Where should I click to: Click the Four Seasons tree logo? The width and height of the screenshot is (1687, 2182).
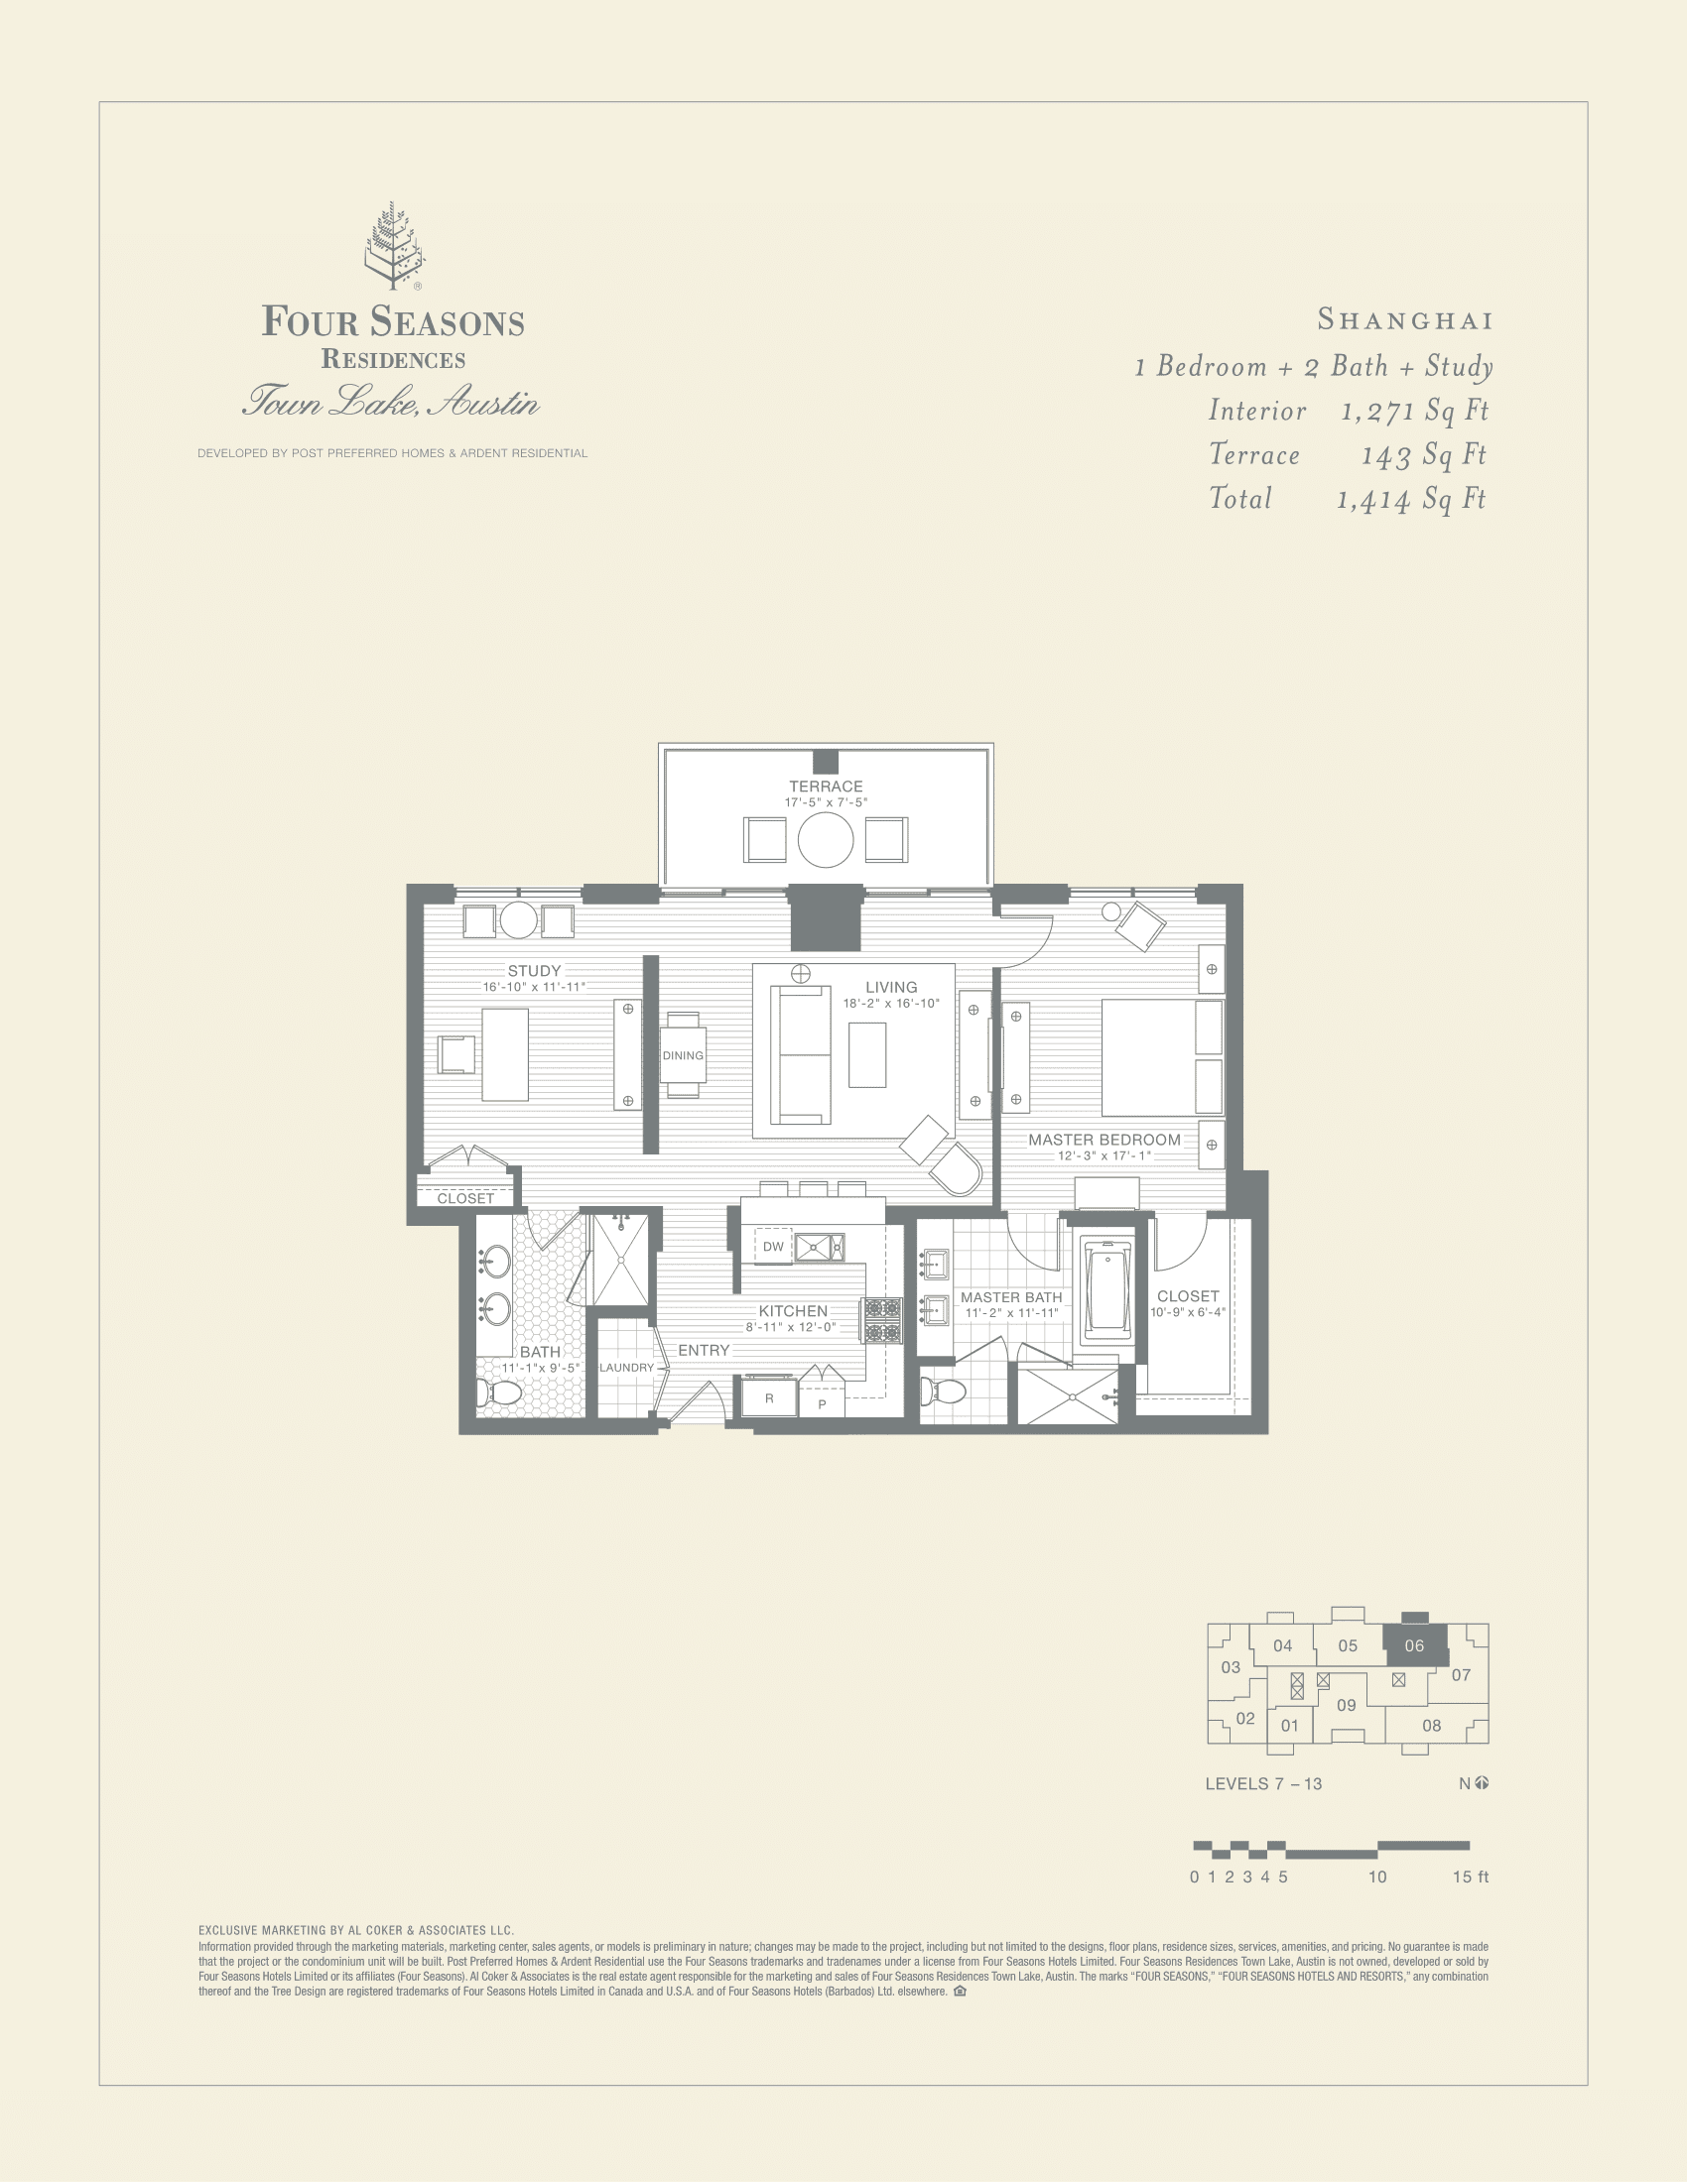[393, 246]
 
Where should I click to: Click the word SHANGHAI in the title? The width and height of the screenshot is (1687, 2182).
[1404, 320]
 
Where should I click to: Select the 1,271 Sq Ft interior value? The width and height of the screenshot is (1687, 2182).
[1414, 411]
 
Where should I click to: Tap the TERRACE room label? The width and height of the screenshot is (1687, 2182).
[826, 787]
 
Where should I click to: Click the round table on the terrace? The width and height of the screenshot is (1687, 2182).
[826, 839]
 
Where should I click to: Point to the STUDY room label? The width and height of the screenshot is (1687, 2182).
[534, 971]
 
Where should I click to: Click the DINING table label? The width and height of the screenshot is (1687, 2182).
[683, 1055]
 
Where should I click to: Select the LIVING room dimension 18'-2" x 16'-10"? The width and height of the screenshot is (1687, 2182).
[890, 1003]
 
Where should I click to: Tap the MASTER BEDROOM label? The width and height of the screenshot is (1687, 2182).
[1104, 1139]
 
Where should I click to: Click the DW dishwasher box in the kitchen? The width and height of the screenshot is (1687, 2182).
[772, 1247]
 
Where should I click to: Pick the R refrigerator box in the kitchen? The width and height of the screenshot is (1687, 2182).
[768, 1398]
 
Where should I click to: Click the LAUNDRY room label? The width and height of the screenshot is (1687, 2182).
[626, 1368]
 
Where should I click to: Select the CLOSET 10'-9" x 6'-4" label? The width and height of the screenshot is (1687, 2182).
[1187, 1303]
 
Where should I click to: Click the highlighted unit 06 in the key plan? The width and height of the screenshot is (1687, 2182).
[1413, 1645]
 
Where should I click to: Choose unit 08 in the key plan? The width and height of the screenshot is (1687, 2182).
[1431, 1726]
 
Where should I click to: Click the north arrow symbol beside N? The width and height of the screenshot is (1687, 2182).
[1483, 1783]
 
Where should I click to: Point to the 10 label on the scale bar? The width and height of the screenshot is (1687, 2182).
[1377, 1878]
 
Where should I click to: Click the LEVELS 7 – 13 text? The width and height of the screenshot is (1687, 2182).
[1263, 1784]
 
